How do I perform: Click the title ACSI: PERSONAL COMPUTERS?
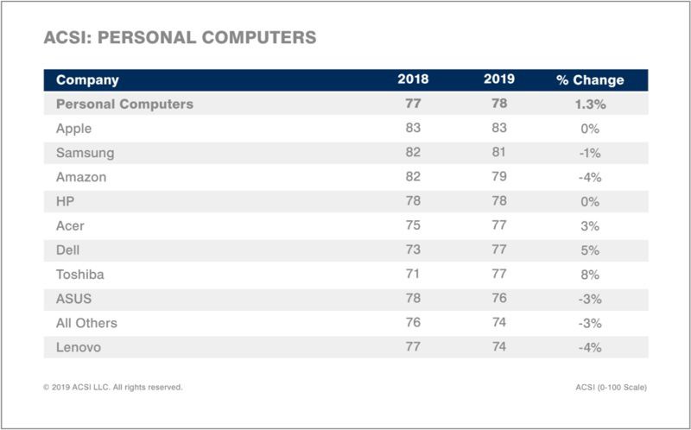180,38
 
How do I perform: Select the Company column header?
87,80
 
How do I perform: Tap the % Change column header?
590,80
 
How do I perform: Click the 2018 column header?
413,79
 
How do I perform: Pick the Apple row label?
74,129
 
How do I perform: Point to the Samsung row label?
85,153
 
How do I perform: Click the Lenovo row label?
79,347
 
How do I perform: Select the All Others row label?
86,323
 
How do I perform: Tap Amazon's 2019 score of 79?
499,177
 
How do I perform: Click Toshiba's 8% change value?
590,275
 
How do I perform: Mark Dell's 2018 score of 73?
413,250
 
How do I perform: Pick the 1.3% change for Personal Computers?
590,104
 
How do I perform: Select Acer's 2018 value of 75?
413,226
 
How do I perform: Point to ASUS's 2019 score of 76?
499,299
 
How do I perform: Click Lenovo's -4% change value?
590,347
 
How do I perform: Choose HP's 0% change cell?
590,201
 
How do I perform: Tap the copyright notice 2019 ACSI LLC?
112,387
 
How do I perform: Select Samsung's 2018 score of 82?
413,153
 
